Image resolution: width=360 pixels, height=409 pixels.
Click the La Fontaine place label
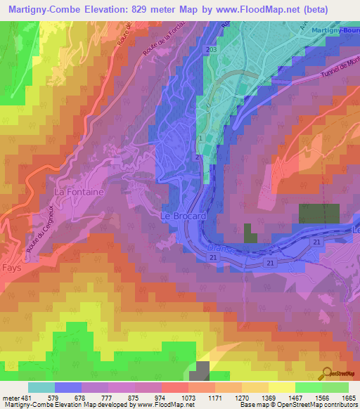coord(79,191)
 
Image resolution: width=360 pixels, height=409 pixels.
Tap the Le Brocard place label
coord(184,216)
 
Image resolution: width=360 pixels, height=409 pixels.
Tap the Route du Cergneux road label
coord(39,225)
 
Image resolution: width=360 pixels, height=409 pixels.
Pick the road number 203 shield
coord(212,51)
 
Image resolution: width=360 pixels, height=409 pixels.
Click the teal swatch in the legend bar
coord(41,387)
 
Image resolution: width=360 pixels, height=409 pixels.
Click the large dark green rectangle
coord(319,214)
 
